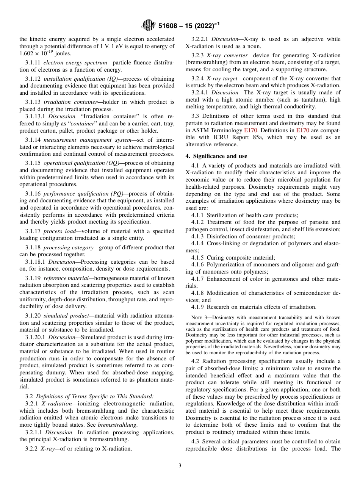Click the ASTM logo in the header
148,26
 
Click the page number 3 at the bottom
180,465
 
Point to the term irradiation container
66,102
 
